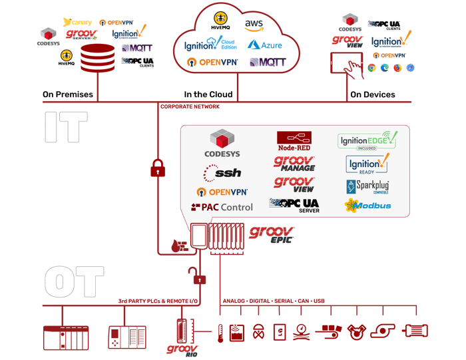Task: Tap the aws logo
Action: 254,25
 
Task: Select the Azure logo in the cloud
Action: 264,45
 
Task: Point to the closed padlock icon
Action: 158,168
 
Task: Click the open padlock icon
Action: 194,274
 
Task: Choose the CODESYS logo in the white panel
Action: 222,144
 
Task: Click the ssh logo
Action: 222,173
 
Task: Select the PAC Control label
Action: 222,207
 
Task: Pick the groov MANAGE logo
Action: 294,163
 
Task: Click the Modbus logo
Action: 368,206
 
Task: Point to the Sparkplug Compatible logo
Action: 368,186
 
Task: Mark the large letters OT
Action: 74,281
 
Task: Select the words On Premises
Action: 68,94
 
